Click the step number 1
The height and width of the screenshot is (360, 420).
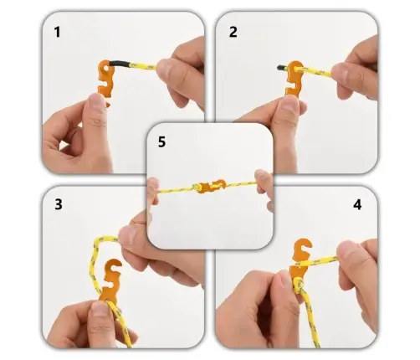pyautogui.click(x=57, y=32)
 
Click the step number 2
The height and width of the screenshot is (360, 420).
pyautogui.click(x=233, y=32)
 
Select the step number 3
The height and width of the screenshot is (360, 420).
pyautogui.click(x=59, y=204)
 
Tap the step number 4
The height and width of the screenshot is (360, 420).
pyautogui.click(x=357, y=205)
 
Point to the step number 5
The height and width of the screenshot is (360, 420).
pyautogui.click(x=161, y=141)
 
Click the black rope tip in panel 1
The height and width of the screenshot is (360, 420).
pyautogui.click(x=120, y=64)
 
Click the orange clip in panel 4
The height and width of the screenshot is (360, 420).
pyautogui.click(x=300, y=261)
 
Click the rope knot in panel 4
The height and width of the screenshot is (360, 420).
pyautogui.click(x=299, y=285)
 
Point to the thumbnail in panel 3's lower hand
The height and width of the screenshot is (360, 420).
pyautogui.click(x=100, y=308)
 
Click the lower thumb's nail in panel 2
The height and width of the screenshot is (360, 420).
pyautogui.click(x=289, y=104)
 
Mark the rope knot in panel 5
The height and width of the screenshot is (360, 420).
pyautogui.click(x=197, y=188)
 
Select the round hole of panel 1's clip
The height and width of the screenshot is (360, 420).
pyautogui.click(x=105, y=68)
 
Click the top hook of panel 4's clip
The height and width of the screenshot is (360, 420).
pyautogui.click(x=304, y=246)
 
